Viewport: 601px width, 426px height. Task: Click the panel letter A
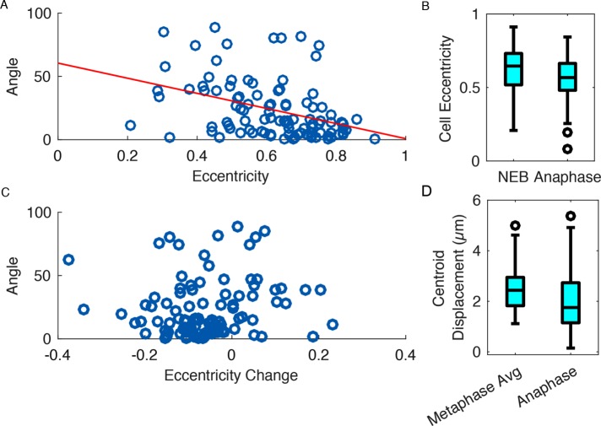[x=5, y=6]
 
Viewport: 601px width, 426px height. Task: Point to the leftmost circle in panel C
[x=68, y=260]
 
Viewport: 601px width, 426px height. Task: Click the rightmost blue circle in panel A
[x=374, y=138]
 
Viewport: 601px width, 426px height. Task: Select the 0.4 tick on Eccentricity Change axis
[x=405, y=354]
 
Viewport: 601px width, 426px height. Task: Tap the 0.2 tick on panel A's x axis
[x=127, y=154]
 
